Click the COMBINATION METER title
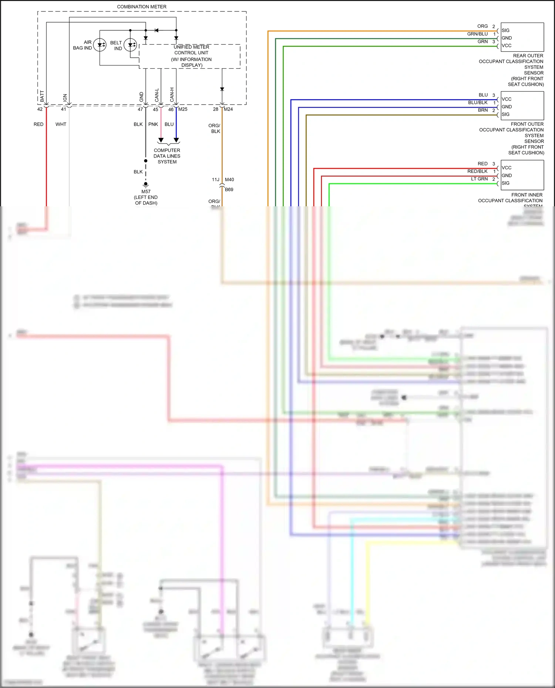142,7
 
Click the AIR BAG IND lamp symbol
100,45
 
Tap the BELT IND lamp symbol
130,45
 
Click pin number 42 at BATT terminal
40,109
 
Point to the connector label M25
183,109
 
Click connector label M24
228,109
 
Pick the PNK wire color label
153,124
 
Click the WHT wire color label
61,124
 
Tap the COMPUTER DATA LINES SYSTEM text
167,156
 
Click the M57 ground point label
146,192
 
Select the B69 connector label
229,190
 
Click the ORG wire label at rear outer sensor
482,26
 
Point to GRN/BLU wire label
477,34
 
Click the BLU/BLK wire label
478,103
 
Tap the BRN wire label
483,110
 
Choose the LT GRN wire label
479,179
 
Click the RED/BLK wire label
477,172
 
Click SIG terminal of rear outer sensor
505,30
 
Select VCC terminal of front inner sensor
507,168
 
